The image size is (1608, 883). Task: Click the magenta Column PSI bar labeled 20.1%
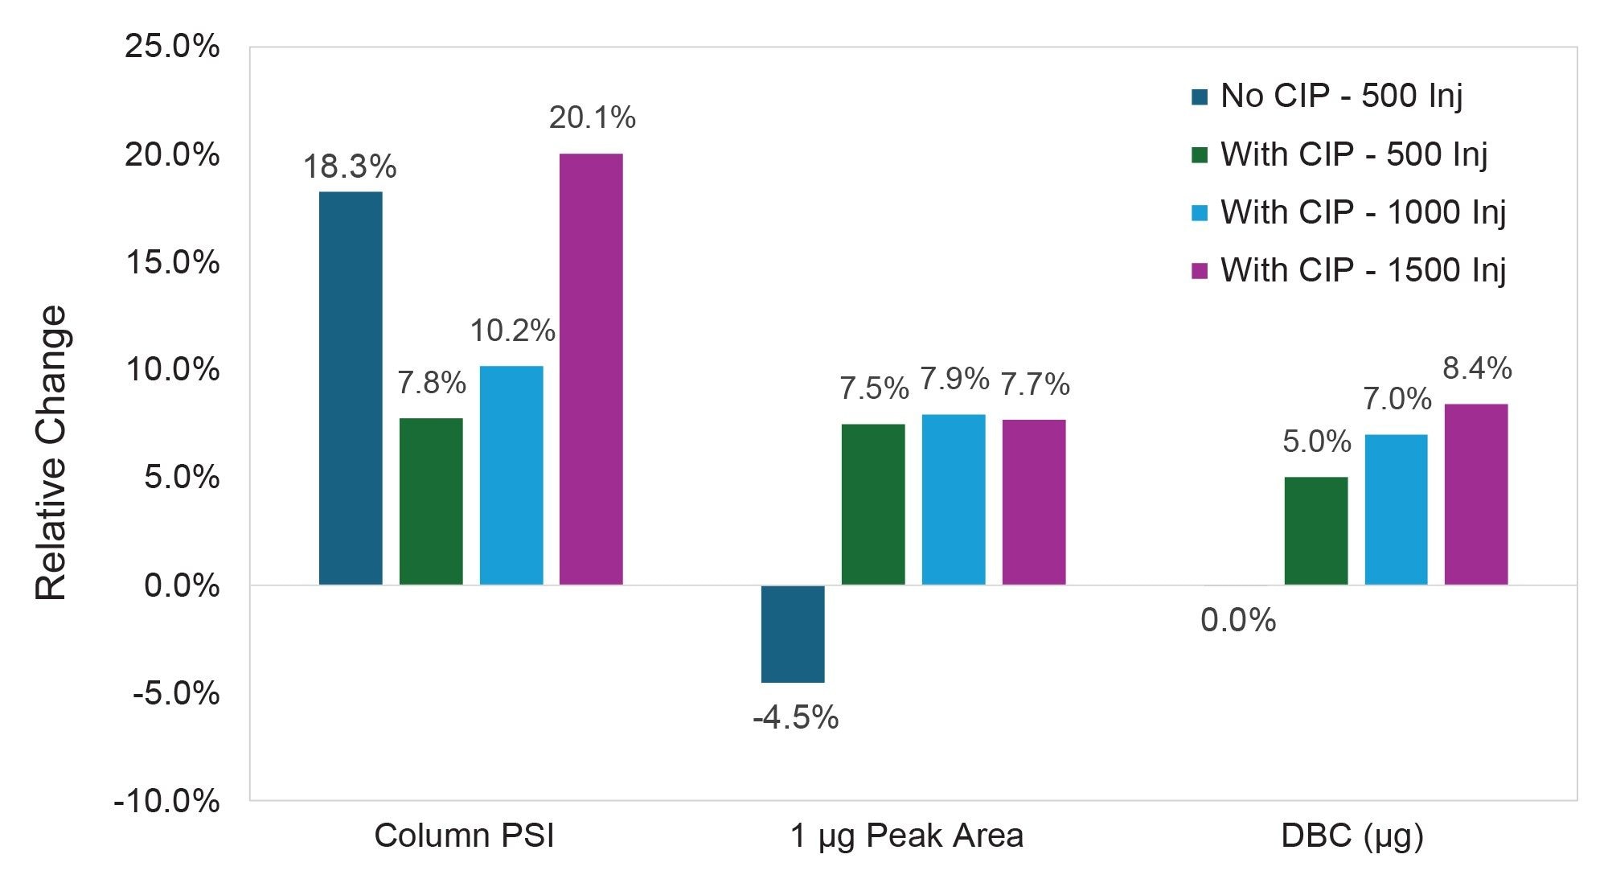pos(591,369)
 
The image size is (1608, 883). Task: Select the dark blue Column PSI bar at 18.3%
pos(351,388)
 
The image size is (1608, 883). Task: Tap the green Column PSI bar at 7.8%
pos(431,501)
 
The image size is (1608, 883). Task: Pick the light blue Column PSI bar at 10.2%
pos(511,475)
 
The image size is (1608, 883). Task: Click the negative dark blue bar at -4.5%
pos(793,634)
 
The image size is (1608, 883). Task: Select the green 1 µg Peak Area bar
pos(873,504)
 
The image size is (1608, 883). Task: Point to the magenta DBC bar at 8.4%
pos(1476,494)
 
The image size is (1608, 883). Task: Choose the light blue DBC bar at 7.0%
pos(1397,509)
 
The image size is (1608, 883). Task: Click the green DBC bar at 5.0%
pos(1316,531)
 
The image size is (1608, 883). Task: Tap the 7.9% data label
pos(954,379)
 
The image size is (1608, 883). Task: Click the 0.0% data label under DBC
pos(1238,621)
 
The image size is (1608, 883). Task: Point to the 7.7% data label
pos(1035,384)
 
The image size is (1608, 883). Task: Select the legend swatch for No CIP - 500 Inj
pos(1200,97)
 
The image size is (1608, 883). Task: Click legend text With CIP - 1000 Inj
pos(1363,212)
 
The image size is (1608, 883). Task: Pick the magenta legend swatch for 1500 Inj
pos(1200,271)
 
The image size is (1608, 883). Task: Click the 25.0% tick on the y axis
pos(171,47)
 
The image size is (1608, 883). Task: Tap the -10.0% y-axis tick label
pos(166,801)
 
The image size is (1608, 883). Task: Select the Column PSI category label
pos(464,836)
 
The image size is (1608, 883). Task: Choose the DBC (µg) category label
pos(1352,836)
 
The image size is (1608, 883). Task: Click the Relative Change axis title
pos(51,453)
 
